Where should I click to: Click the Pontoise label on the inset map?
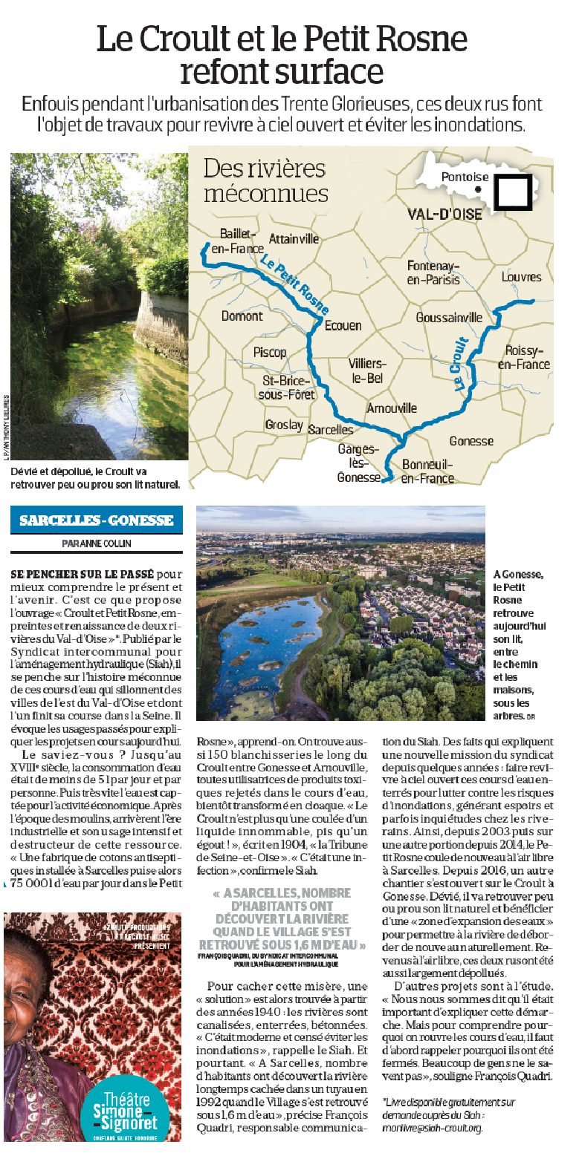tap(465, 177)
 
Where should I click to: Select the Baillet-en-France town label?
tap(237, 241)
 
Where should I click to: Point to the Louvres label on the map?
tap(521, 277)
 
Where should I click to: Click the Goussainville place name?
tap(449, 316)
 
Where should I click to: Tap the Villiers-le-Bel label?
tap(367, 370)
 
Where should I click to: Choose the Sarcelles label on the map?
tap(330, 429)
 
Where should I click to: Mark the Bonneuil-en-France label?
tap(427, 471)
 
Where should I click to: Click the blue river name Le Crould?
tap(459, 363)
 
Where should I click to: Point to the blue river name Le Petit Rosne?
tap(295, 283)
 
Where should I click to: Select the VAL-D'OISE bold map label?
tap(444, 215)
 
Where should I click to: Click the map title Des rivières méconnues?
tap(265, 180)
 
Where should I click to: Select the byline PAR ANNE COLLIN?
tap(96, 543)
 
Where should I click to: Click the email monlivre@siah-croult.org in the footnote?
tap(432, 1126)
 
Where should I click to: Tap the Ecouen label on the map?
tap(343, 325)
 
